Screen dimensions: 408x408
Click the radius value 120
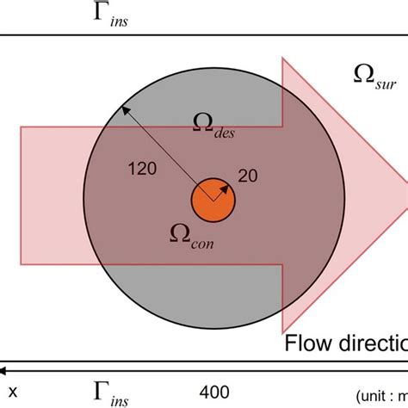click(x=141, y=170)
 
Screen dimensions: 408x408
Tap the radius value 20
click(x=248, y=176)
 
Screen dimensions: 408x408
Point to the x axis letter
click(x=14, y=392)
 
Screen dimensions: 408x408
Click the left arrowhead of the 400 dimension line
click(x=4, y=370)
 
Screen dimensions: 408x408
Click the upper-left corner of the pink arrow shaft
click(x=20, y=127)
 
